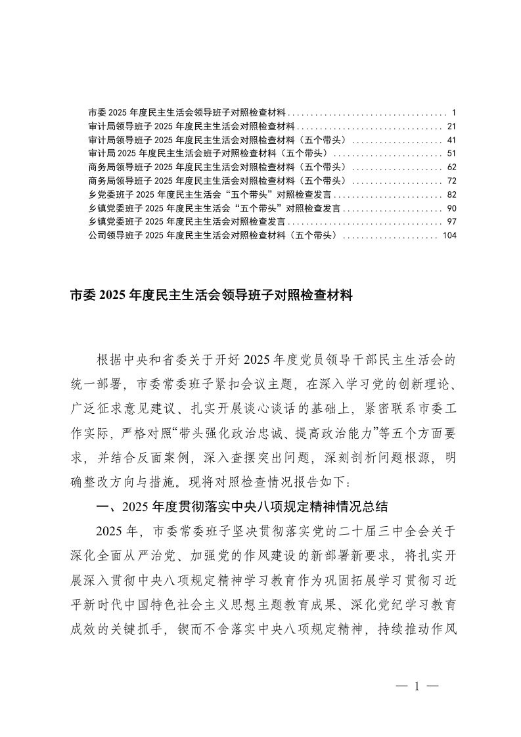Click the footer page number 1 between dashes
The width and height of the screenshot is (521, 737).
tap(416, 686)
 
